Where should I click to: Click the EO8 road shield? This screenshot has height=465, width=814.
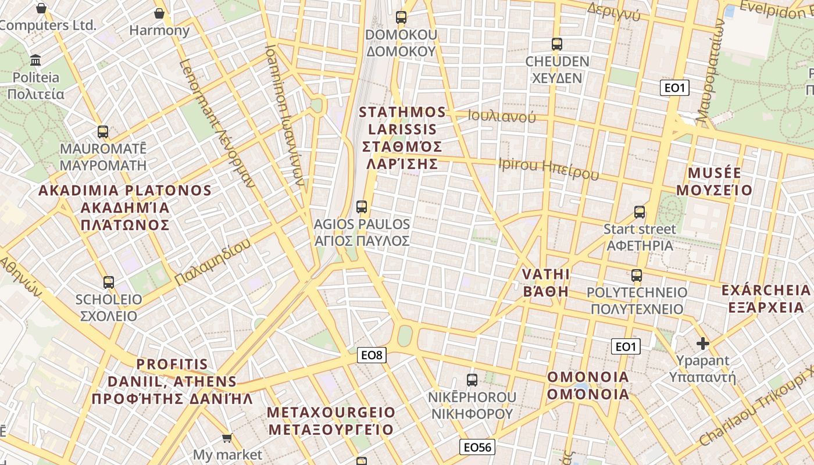pos(372,355)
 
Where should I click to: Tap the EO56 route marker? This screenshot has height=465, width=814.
pos(477,446)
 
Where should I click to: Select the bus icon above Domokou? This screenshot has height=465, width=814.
pos(401,17)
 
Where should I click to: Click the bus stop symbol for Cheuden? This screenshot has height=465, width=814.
pos(557,44)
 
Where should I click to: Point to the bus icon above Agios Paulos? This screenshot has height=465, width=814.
pos(362,206)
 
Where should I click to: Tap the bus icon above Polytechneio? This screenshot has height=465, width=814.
pos(637,275)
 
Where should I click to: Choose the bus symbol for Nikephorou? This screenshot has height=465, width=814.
pos(472,380)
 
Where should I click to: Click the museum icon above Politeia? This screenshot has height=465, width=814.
pos(36,60)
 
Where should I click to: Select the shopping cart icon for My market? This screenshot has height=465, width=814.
pos(227,438)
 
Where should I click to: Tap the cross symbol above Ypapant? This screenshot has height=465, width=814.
pos(703,344)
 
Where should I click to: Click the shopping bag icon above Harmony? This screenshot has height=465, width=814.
pos(159,13)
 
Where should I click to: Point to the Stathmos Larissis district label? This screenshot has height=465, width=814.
pos(402,138)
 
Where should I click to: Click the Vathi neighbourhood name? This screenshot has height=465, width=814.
pos(545,282)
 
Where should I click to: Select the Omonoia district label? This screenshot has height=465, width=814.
pos(588,385)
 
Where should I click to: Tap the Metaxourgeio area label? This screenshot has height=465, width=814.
pos(330,421)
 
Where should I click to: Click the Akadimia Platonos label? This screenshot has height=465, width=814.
pos(125,208)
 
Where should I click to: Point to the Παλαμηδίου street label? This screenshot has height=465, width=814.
pos(213,262)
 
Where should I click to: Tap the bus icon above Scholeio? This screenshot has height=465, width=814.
pos(109,282)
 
